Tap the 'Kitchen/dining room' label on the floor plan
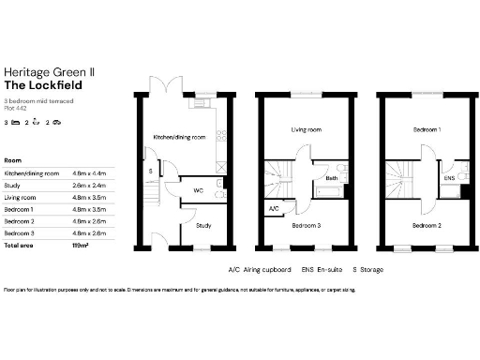[180, 138]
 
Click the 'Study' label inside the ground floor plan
[203, 226]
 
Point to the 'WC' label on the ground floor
[199, 190]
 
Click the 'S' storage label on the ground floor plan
[151, 171]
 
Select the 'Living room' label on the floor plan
[306, 130]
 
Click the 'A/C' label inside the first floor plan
[274, 208]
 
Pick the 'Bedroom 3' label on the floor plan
[307, 226]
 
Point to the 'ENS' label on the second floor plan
[449, 177]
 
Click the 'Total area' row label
[21, 244]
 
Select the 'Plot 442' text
[15, 108]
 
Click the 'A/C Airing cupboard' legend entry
[259, 270]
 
